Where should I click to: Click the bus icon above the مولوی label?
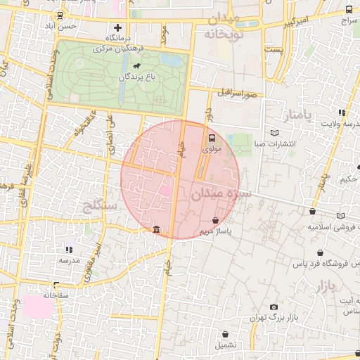click(212, 139)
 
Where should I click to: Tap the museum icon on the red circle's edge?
click(155, 229)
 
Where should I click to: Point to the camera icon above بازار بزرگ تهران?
click(273, 307)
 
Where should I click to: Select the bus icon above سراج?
click(349, 10)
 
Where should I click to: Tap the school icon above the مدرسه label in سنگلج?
click(69, 249)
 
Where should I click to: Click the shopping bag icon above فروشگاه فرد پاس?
click(321, 252)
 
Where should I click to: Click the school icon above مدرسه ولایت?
click(342, 112)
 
